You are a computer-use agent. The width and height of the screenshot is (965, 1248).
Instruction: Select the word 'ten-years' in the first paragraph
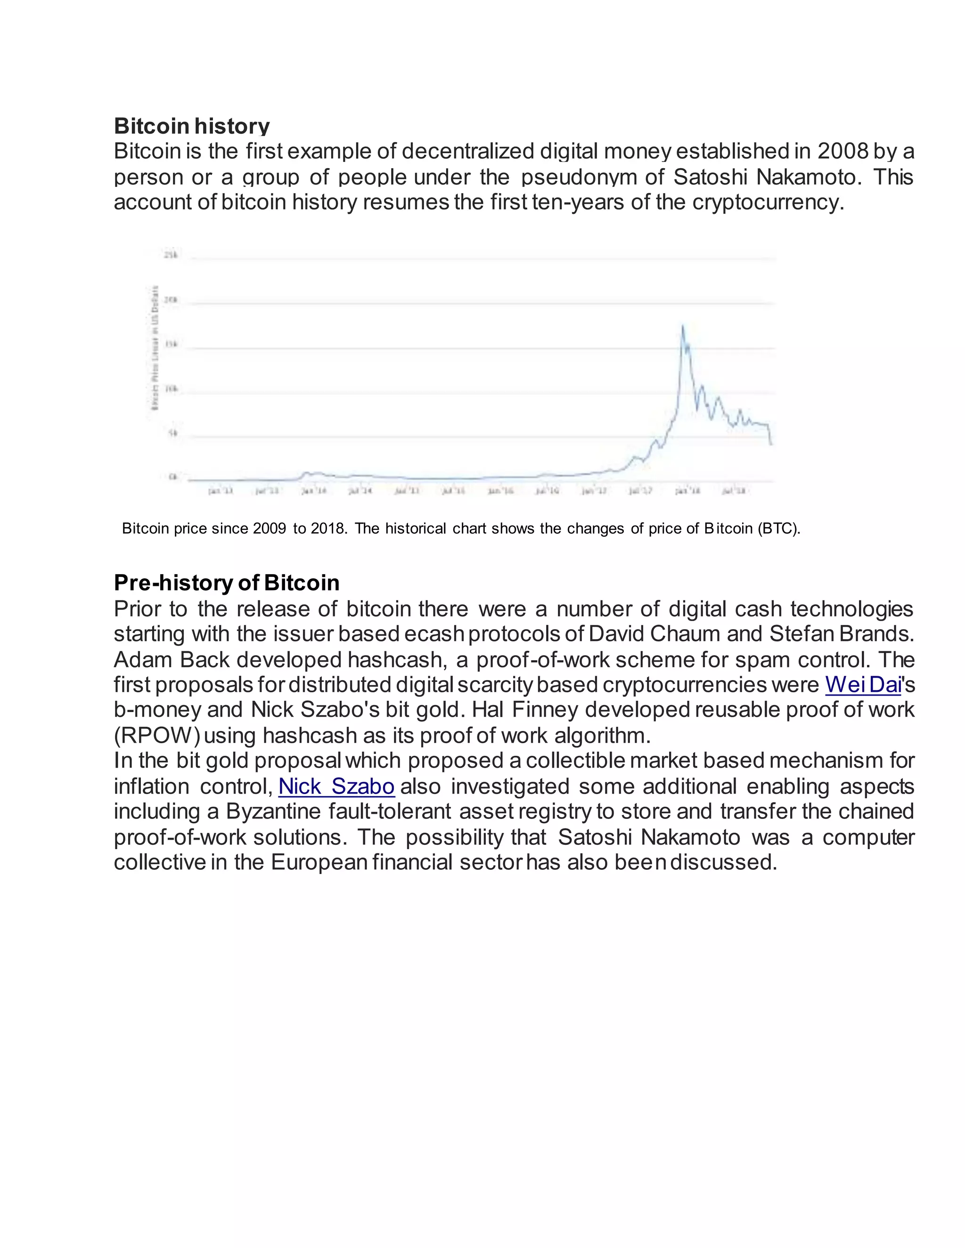coord(577,203)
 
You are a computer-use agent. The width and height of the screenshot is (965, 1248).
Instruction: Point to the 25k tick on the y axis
coord(171,255)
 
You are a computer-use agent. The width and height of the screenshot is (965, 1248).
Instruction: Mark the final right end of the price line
coord(772,444)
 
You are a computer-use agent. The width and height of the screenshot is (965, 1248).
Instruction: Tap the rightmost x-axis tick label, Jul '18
coord(734,491)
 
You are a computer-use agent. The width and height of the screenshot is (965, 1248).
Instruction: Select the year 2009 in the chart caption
coord(269,528)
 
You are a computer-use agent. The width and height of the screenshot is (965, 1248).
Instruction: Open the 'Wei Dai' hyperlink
coord(863,685)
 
